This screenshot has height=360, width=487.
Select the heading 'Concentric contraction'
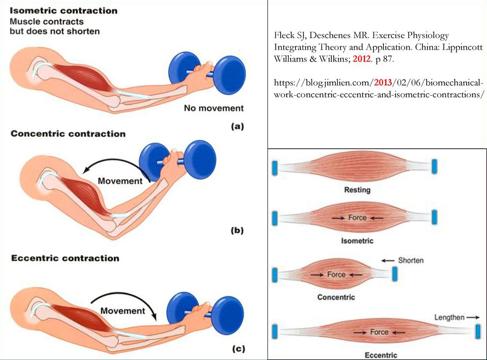68,134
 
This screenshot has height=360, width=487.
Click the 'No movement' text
214,108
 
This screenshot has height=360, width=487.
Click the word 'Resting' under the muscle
357,190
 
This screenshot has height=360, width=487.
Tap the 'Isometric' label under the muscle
357,241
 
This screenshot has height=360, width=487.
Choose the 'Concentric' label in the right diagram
336,298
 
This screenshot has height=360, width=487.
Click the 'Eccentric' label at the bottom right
381,355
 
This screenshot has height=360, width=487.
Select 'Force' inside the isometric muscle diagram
357,218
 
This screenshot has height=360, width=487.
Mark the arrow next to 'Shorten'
389,260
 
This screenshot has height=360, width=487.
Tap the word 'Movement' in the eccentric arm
122,311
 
